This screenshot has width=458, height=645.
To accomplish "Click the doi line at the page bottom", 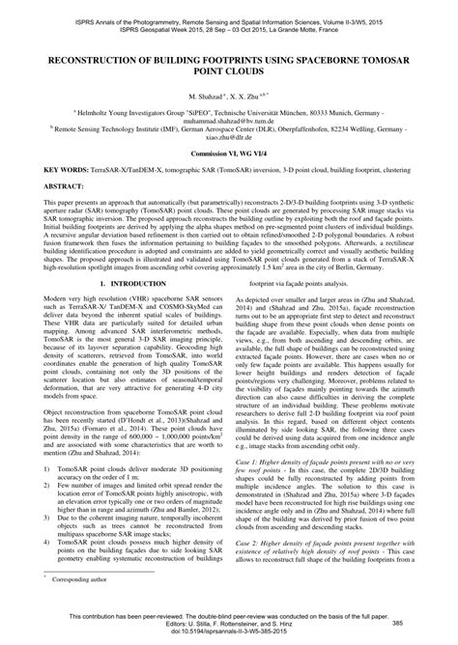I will (229, 637).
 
